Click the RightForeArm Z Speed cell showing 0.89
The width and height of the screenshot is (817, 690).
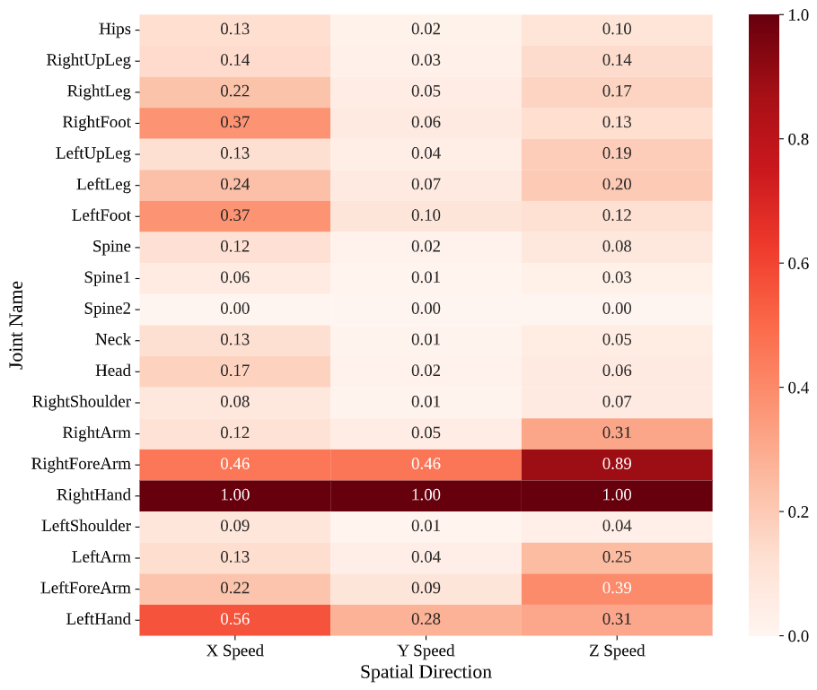617,464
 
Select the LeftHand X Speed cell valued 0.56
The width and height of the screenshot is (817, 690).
234,619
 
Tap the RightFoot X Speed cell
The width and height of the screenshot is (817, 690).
234,122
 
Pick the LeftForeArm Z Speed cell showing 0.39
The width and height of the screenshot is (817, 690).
617,588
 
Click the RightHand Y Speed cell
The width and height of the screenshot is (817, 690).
426,495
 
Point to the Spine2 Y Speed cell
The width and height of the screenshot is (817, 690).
426,309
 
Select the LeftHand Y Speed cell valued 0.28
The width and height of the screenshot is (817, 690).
426,619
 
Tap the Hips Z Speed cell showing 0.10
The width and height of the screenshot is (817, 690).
617,29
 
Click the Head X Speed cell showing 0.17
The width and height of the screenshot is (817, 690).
234,371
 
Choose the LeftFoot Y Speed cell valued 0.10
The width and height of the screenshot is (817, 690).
426,215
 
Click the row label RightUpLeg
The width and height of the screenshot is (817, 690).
89,60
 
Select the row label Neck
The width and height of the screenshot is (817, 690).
112,340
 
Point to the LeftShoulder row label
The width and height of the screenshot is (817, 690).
86,526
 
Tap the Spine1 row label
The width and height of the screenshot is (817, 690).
108,277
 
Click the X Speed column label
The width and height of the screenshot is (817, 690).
234,651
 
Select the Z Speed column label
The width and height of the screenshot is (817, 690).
617,651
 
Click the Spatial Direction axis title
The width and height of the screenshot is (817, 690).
426,672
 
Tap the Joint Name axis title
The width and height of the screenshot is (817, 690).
17,325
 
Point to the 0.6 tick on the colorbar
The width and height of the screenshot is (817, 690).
795,263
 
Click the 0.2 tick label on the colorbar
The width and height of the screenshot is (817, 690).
795,511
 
